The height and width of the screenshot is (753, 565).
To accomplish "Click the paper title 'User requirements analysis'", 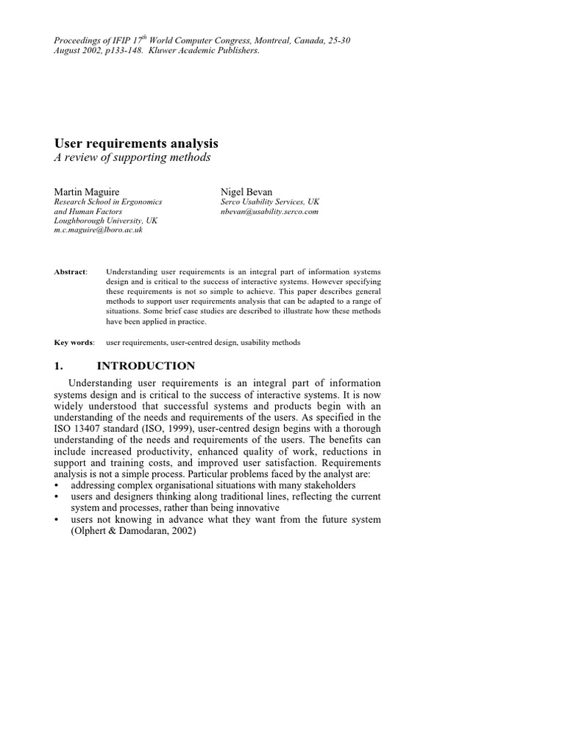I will pos(136,143).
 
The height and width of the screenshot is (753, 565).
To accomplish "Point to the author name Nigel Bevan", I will pos(246,191).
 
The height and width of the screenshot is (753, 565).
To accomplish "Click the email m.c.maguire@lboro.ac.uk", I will pos(99,230).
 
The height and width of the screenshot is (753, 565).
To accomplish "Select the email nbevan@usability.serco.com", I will pos(269,211).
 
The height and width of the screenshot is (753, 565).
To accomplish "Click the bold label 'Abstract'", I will pos(70,272).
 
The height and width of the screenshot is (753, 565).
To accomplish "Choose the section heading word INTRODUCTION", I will pos(146,365).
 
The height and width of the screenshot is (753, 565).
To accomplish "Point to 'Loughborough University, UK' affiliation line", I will pos(106,221).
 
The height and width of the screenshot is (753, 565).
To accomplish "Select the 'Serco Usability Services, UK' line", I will pos(270,201).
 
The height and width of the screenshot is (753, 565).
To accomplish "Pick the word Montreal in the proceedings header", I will pos(277,40).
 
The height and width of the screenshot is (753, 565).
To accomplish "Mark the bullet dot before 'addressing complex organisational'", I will pos(57,486).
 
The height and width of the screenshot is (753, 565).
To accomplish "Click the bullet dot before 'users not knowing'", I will pos(57,520).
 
